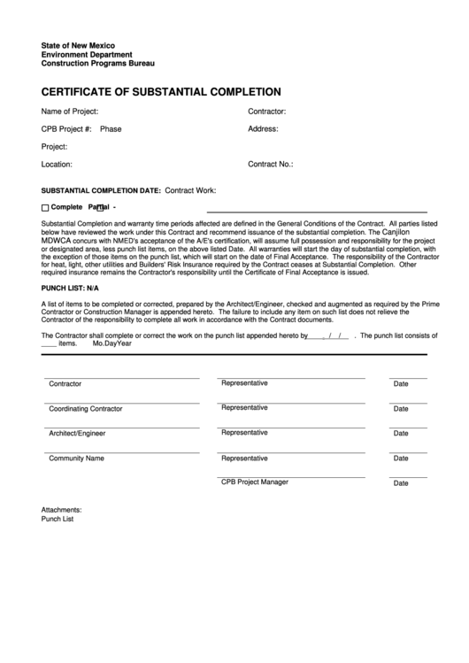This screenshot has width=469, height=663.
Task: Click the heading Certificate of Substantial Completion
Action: [x=161, y=91]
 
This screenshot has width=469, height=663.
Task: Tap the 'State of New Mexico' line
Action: [x=78, y=45]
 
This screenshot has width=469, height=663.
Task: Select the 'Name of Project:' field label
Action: [x=70, y=112]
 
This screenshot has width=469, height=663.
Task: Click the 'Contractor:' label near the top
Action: [x=266, y=112]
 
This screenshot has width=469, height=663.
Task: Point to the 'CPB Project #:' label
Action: [x=66, y=129]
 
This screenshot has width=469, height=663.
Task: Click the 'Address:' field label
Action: [x=263, y=129]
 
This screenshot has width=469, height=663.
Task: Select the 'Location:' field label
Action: [x=57, y=164]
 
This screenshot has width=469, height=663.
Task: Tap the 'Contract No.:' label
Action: [x=270, y=164]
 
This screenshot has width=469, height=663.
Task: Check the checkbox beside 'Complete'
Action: [x=46, y=207]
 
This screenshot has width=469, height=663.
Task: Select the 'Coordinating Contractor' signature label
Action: [x=86, y=409]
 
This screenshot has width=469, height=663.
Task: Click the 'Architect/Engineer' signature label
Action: [x=77, y=434]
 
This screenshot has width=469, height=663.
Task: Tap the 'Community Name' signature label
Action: [x=76, y=459]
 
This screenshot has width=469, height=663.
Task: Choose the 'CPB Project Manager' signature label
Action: [x=255, y=482]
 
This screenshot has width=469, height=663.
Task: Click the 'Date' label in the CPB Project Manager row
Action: [x=401, y=483]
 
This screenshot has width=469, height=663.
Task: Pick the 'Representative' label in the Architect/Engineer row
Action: [x=244, y=433]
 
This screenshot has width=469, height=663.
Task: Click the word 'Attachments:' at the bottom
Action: [x=61, y=510]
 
